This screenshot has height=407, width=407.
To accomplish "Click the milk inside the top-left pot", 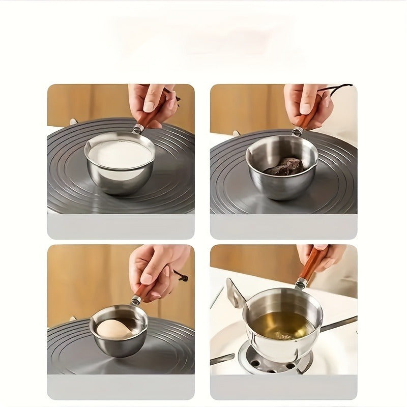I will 120,154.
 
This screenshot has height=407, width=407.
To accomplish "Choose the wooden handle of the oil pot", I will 311,265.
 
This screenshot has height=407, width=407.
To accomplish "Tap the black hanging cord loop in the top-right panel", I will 336,88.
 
